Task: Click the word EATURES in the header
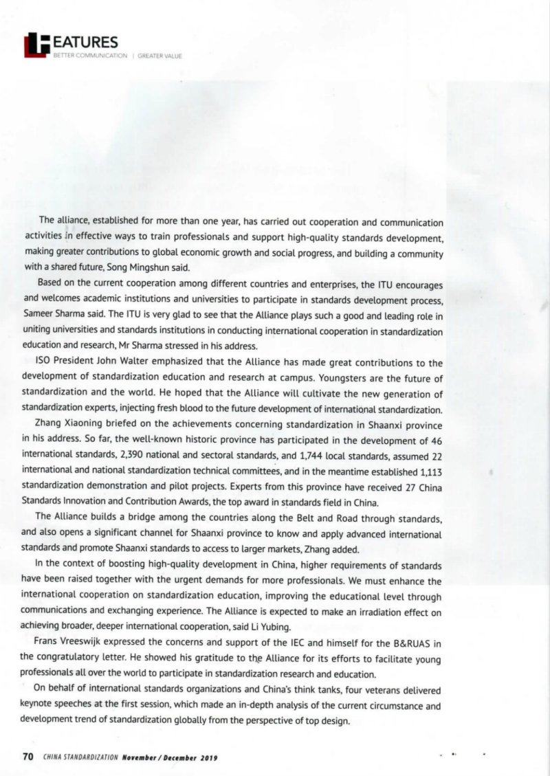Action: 85,41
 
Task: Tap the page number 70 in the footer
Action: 28,757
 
